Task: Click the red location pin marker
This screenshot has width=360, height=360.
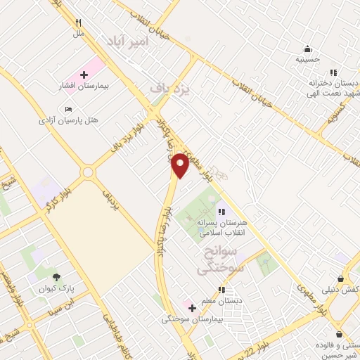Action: click(180, 165)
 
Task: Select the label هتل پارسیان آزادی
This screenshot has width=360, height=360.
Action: click(68, 120)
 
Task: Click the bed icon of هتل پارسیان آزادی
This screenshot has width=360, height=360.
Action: click(68, 109)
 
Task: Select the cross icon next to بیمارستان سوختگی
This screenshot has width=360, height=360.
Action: click(192, 308)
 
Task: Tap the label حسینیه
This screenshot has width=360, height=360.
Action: click(307, 59)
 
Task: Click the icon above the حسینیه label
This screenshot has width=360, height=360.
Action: click(307, 49)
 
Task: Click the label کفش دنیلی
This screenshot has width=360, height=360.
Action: click(340, 290)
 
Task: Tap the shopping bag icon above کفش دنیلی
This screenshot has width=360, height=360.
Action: click(340, 278)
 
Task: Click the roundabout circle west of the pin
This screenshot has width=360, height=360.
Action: click(88, 172)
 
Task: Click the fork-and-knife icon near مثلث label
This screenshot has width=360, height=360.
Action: click(79, 22)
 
